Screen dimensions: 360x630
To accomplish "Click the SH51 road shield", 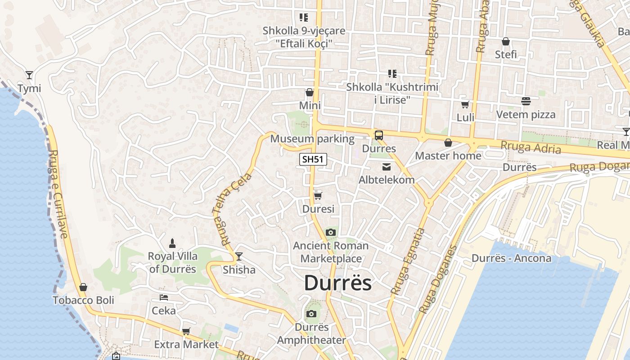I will click(313, 159).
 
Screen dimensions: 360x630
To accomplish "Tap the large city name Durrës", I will click(338, 283).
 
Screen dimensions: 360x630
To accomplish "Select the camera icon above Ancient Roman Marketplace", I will click(331, 232).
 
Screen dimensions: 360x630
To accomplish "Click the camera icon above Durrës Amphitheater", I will click(311, 314).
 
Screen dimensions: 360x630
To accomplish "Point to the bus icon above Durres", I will click(379, 135).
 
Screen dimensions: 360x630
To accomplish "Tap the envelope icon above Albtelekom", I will click(387, 167).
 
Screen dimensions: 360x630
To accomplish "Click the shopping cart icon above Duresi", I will click(318, 196).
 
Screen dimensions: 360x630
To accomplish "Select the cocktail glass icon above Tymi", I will click(29, 75).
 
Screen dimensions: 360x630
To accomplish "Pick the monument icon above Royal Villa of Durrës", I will click(172, 243).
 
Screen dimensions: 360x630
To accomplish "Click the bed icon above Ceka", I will click(164, 297).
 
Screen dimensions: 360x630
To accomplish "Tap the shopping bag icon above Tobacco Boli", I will click(83, 287).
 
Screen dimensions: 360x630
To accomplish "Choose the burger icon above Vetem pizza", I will click(526, 101).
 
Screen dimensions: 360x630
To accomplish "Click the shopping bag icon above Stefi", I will click(506, 41).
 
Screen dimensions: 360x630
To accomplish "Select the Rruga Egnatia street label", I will click(408, 261).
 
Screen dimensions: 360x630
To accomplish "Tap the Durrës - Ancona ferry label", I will click(511, 258).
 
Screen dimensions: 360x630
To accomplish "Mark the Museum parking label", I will click(312, 139).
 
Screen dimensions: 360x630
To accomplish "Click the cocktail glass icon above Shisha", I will click(239, 256).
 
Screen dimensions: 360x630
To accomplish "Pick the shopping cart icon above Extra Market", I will click(186, 332).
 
